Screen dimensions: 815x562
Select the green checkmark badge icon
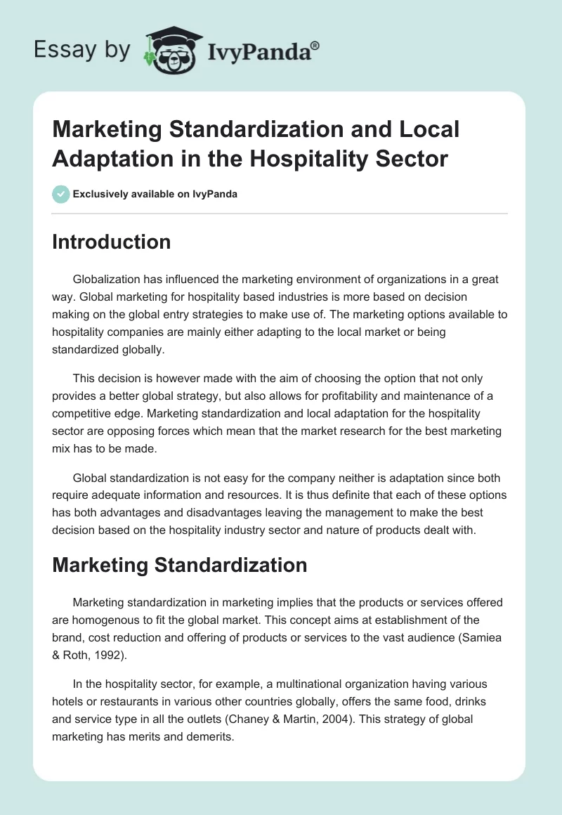pos(61,194)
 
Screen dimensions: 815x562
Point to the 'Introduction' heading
pos(112,242)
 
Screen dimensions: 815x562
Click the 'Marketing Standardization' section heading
pos(179,565)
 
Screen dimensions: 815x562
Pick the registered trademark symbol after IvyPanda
pos(315,45)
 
